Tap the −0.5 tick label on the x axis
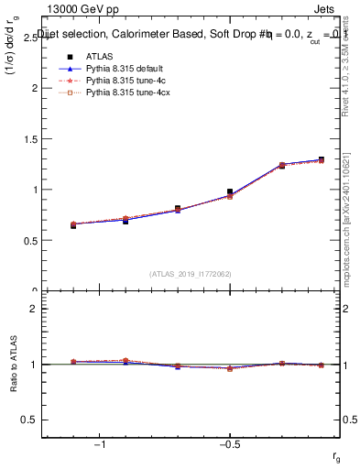click(x=228, y=443)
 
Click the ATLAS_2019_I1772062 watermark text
click(x=191, y=274)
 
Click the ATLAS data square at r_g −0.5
click(x=230, y=191)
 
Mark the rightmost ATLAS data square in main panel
click(x=321, y=159)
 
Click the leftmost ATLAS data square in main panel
click(x=73, y=225)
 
